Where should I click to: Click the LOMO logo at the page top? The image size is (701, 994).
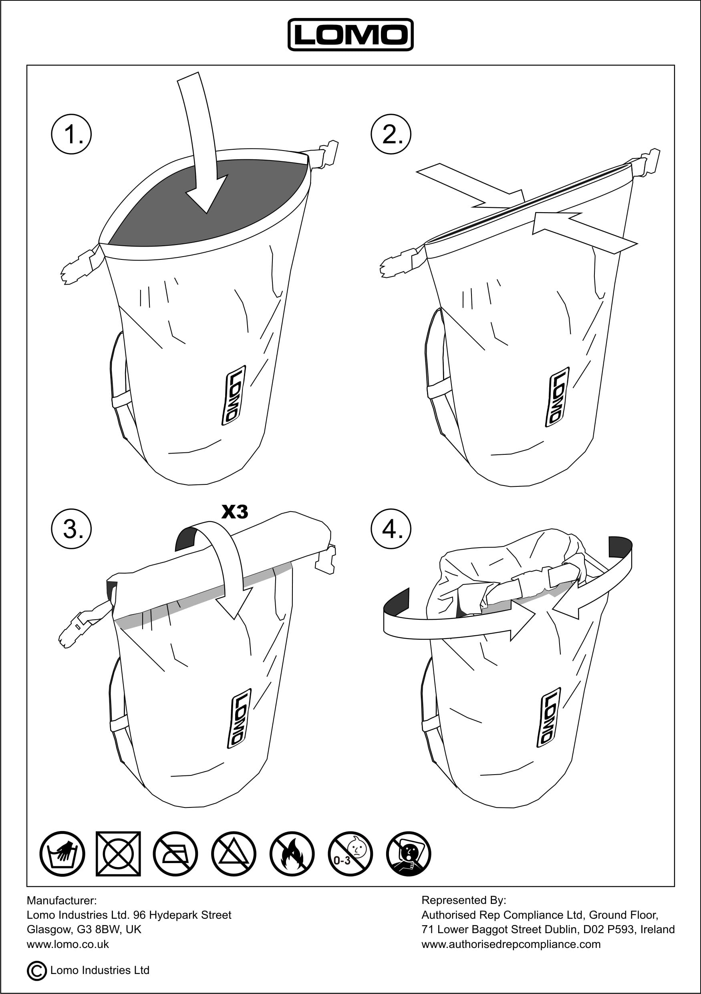tap(350, 35)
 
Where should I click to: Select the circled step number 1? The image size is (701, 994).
tap(71, 134)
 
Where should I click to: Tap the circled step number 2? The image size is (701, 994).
tap(391, 134)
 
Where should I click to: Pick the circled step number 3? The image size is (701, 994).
tap(71, 528)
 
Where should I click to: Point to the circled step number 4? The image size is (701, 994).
tap(391, 528)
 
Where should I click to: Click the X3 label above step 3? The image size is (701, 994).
tap(235, 512)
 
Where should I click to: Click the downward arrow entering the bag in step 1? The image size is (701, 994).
tap(201, 143)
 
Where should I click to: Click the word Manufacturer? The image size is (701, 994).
tap(62, 900)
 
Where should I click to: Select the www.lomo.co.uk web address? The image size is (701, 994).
tap(68, 944)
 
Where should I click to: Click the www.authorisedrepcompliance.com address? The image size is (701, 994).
tap(511, 944)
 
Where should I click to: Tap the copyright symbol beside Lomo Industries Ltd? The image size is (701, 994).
tap(37, 971)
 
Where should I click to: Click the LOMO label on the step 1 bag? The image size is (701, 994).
tap(234, 395)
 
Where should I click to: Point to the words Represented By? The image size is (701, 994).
tap(463, 900)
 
